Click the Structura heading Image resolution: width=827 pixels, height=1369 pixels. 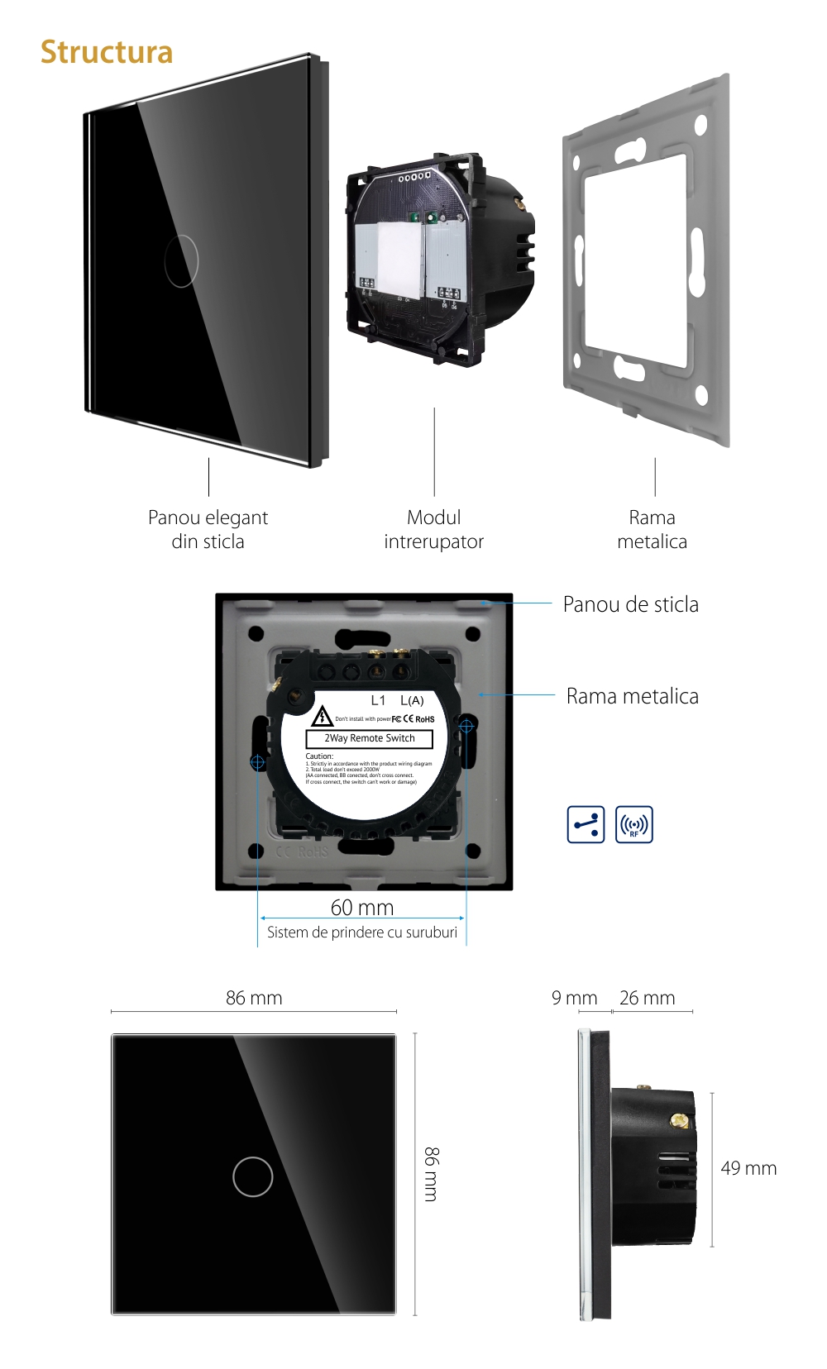tap(107, 52)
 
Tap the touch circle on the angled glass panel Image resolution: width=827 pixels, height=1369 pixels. tap(181, 261)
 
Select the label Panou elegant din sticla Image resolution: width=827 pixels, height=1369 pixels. tap(208, 529)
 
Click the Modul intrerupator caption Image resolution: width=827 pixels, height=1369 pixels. tap(433, 529)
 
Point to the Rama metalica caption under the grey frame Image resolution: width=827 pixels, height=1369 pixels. tap(652, 529)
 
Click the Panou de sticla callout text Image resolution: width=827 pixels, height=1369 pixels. tap(630, 604)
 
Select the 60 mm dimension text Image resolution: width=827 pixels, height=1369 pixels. tap(362, 907)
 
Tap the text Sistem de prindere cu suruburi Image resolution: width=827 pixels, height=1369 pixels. tap(361, 933)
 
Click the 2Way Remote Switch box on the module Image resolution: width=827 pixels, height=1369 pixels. tap(369, 738)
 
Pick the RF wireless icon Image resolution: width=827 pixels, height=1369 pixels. tap(634, 824)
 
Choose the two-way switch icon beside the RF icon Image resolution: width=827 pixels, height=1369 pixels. tap(586, 824)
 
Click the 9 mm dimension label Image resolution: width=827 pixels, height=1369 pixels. tap(574, 998)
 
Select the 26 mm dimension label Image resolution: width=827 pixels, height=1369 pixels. tap(647, 998)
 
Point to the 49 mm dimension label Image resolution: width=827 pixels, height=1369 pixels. tap(748, 1168)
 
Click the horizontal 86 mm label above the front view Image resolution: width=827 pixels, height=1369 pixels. tap(254, 998)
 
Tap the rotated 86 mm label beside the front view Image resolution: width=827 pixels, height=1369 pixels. tap(431, 1174)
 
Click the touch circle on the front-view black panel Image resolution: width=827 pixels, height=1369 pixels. tap(253, 1176)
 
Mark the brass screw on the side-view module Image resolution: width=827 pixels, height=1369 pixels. tap(679, 1121)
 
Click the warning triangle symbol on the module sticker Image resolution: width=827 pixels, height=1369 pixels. tap(322, 716)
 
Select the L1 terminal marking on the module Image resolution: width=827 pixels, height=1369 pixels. tap(378, 700)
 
